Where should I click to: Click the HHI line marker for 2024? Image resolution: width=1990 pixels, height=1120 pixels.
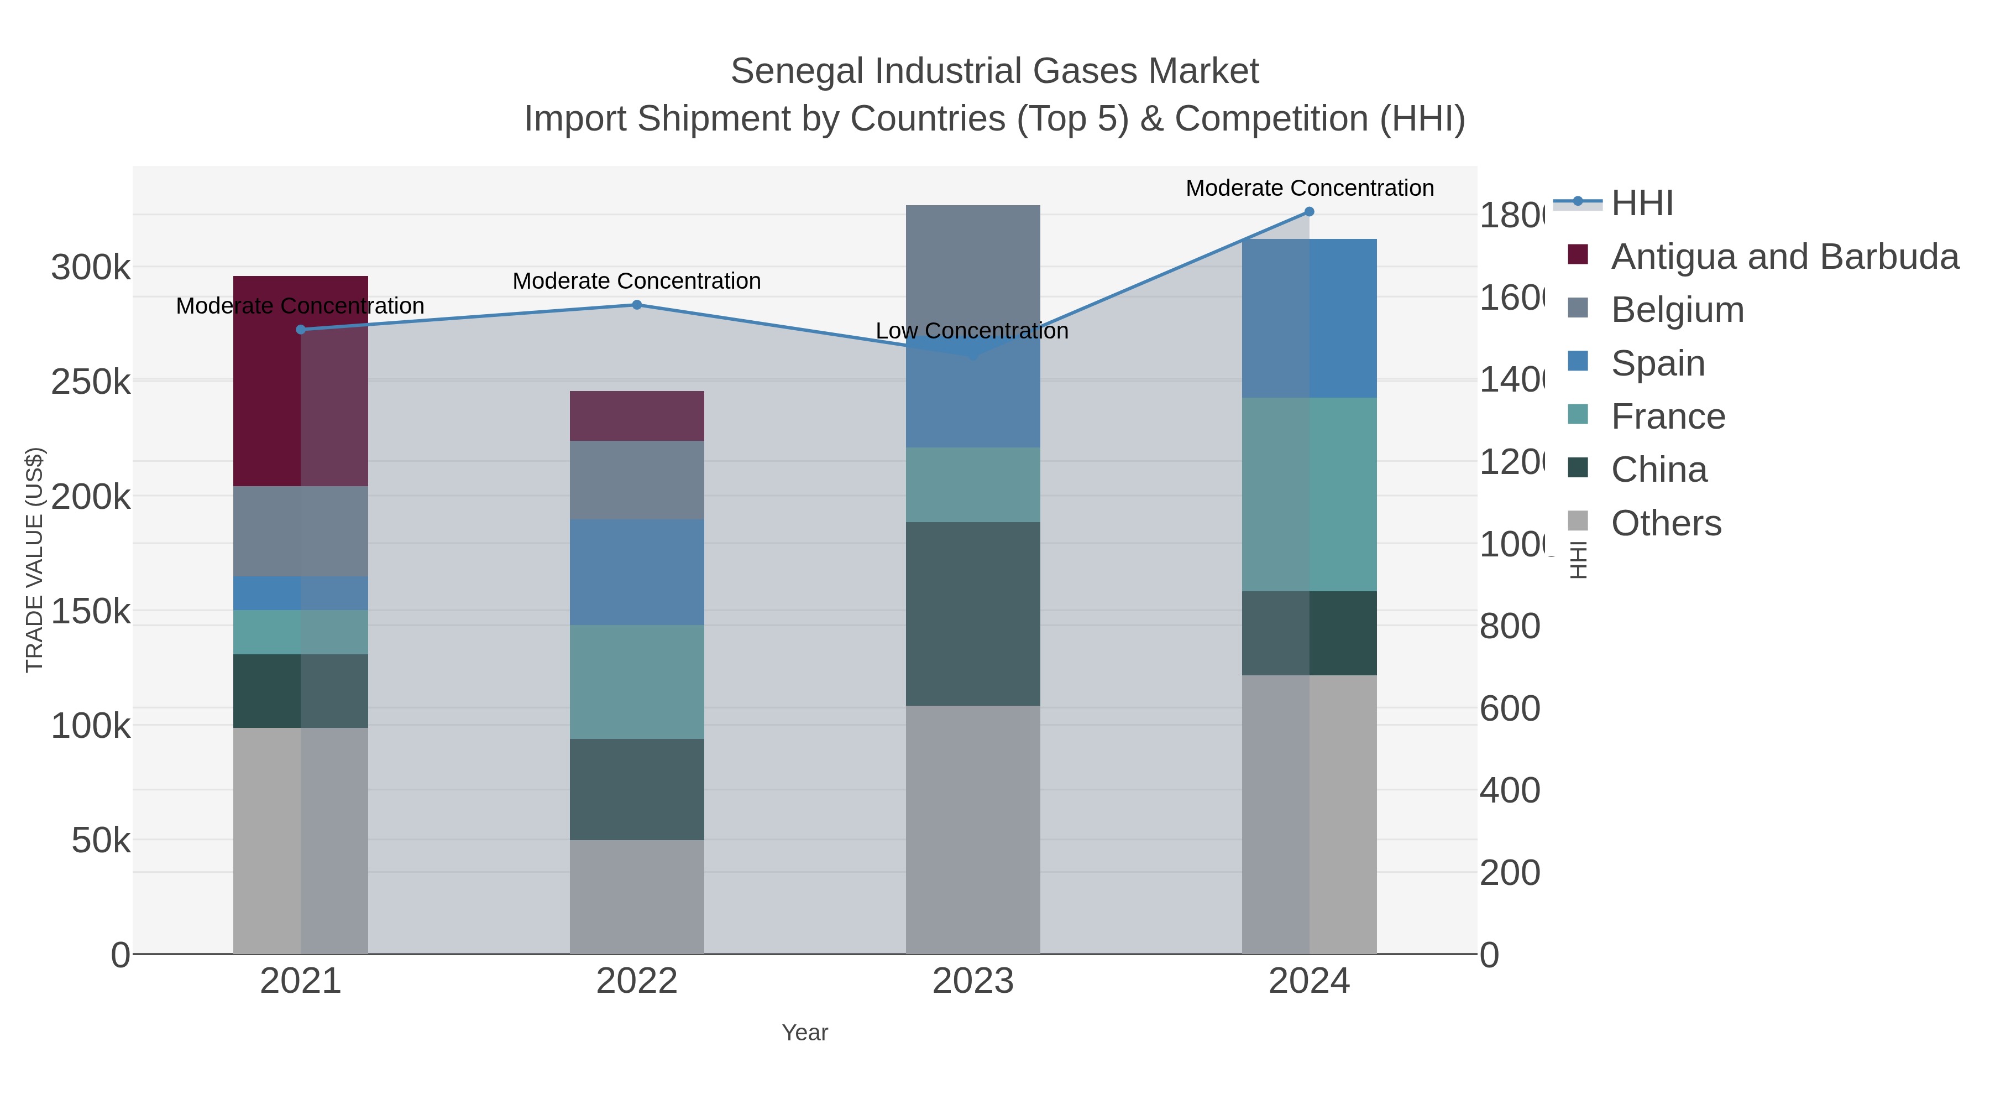pyautogui.click(x=1308, y=212)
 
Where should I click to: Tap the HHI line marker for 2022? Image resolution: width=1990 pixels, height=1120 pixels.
pyautogui.click(x=637, y=305)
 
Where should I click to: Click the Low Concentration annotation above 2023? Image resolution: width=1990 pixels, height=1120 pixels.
pyautogui.click(x=971, y=331)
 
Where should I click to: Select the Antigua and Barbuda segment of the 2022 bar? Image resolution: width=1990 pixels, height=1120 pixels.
pyautogui.click(x=637, y=416)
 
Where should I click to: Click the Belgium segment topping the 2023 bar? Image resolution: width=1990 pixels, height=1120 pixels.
pyautogui.click(x=972, y=263)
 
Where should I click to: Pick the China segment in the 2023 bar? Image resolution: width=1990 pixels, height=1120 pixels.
pyautogui.click(x=972, y=614)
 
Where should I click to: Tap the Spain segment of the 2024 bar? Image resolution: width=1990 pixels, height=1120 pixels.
pyautogui.click(x=1308, y=319)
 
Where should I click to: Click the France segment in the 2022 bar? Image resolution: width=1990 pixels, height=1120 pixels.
pyautogui.click(x=637, y=682)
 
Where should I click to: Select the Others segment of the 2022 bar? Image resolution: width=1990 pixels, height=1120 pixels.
pyautogui.click(x=637, y=897)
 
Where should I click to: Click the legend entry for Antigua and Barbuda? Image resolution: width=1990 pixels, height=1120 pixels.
pyautogui.click(x=1784, y=257)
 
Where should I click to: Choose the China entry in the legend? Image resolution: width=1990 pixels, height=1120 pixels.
pyautogui.click(x=1658, y=469)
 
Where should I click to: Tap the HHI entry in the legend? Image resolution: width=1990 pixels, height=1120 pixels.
pyautogui.click(x=1642, y=204)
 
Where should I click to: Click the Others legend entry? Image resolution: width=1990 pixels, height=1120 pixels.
pyautogui.click(x=1666, y=523)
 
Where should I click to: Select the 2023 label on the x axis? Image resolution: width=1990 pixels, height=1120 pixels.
pyautogui.click(x=972, y=981)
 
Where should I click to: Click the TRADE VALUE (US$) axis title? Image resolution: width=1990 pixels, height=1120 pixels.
pyautogui.click(x=35, y=560)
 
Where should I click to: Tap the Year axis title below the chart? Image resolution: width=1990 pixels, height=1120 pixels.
pyautogui.click(x=804, y=1033)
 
